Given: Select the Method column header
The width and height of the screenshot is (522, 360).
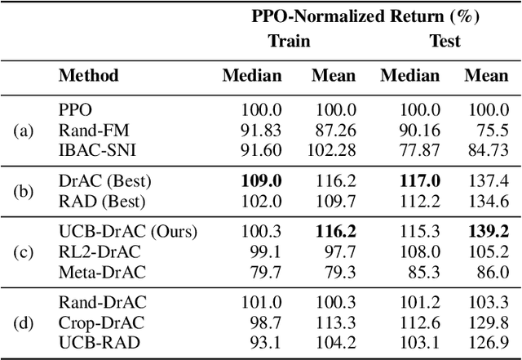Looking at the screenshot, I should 88,76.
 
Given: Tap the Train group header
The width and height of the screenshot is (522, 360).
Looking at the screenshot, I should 289,40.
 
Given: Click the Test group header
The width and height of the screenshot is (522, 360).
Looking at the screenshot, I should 445,40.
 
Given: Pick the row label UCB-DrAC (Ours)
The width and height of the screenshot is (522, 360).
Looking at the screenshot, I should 127,233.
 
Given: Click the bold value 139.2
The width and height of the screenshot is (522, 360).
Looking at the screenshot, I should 487,233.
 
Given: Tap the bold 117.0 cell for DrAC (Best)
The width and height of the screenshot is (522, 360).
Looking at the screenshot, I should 419,180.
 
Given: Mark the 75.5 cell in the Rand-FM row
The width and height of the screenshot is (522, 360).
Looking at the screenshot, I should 493,129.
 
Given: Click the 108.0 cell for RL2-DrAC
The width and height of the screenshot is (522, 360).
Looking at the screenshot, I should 419,252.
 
